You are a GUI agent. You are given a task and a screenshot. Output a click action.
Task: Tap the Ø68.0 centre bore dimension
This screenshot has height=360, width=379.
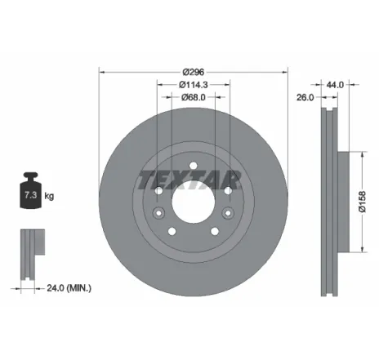[x=194, y=98]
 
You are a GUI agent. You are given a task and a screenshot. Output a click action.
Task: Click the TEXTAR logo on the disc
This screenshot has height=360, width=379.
[x=189, y=179]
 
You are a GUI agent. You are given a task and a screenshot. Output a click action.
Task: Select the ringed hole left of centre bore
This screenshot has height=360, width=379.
[x=158, y=190]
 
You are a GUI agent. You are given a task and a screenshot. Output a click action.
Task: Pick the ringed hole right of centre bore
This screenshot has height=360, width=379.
[x=227, y=190]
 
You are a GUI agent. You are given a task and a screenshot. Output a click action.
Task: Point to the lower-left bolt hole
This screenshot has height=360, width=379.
[x=172, y=231]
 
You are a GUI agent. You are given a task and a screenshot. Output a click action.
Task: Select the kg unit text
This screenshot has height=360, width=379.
[x=49, y=196]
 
